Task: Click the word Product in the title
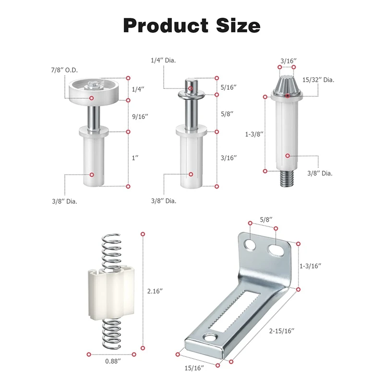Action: [x=166, y=25]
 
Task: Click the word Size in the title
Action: [x=238, y=25]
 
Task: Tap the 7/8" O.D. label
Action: [x=64, y=70]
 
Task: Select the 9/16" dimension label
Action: [x=140, y=116]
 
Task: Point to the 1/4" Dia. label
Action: [x=163, y=60]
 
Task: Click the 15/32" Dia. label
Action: [x=318, y=80]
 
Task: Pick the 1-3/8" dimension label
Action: [x=254, y=134]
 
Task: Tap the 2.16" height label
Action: [x=155, y=291]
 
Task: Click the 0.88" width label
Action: [x=113, y=361]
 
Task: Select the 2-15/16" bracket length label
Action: [x=282, y=331]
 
